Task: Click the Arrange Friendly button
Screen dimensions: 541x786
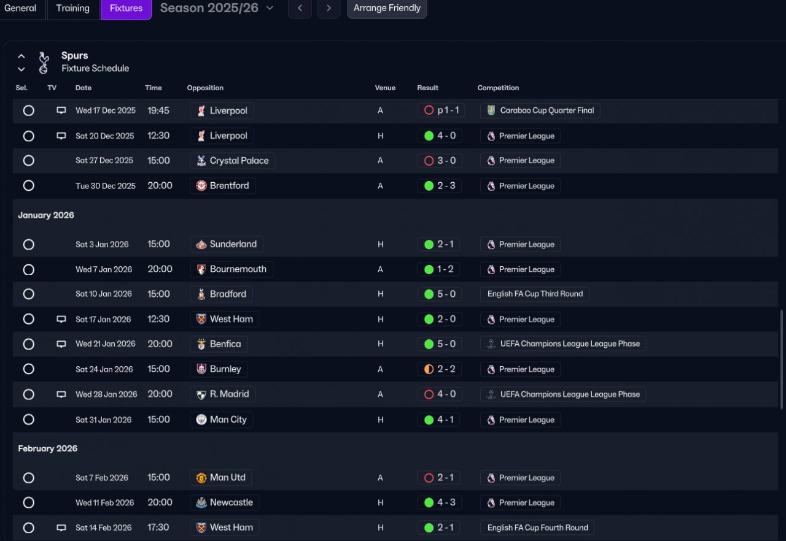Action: point(387,9)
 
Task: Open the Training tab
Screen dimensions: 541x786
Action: point(72,9)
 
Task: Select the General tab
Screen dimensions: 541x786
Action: point(20,9)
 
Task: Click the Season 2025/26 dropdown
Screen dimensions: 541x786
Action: point(217,9)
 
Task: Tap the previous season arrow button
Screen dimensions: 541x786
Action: point(300,9)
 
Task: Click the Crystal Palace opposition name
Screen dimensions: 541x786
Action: point(239,161)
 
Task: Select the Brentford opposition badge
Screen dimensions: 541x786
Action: point(201,186)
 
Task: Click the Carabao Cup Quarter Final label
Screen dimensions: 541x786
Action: point(547,111)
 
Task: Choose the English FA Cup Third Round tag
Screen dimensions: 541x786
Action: point(535,294)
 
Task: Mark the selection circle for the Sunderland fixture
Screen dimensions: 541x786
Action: point(28,245)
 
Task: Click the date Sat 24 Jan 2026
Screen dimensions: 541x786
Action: point(104,369)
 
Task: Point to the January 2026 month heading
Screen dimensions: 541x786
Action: point(46,215)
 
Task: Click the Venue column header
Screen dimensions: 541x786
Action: point(385,88)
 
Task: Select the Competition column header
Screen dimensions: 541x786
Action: point(498,88)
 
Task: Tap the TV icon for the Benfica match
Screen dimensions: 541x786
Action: point(61,344)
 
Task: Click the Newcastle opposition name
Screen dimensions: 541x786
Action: point(231,502)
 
